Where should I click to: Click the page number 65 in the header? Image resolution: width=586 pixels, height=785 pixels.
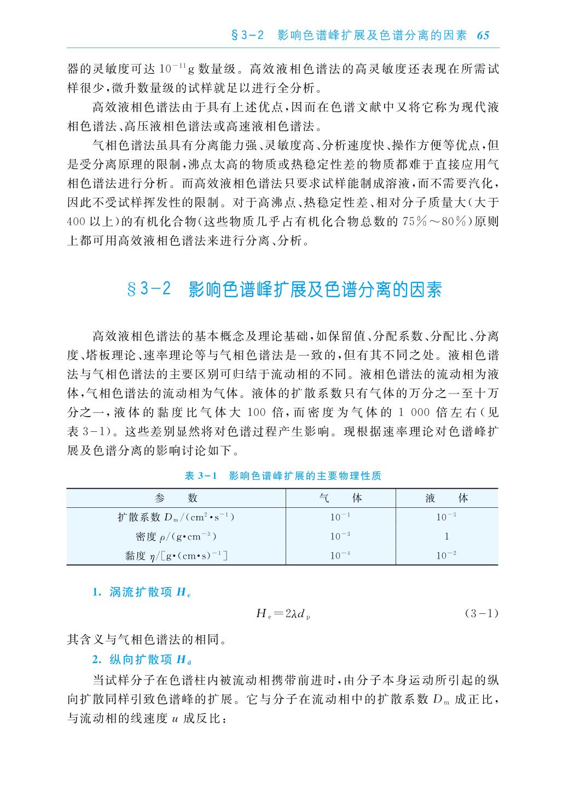click(483, 36)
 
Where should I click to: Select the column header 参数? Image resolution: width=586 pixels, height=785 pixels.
click(176, 497)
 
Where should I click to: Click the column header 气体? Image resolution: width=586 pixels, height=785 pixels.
click(340, 497)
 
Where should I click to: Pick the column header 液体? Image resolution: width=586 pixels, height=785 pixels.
click(446, 497)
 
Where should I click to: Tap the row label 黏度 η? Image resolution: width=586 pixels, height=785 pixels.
click(176, 555)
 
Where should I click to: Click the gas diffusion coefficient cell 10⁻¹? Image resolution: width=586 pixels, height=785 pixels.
click(340, 517)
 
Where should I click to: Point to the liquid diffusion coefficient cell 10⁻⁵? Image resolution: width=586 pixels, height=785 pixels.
click(446, 517)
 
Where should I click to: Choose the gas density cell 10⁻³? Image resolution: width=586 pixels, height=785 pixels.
click(340, 536)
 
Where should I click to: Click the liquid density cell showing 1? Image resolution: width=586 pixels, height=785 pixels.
click(446, 536)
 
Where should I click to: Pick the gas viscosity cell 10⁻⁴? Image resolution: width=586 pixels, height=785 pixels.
click(340, 555)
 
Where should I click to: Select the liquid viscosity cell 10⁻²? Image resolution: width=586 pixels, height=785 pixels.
click(446, 555)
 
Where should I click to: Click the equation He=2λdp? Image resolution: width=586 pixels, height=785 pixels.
click(283, 614)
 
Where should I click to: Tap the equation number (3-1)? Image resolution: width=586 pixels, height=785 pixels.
click(481, 613)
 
